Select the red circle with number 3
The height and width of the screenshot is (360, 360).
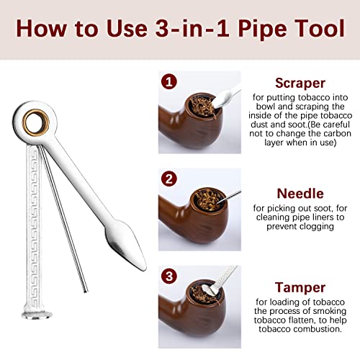click(x=167, y=276)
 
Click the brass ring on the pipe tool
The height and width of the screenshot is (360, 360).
click(x=31, y=120)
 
